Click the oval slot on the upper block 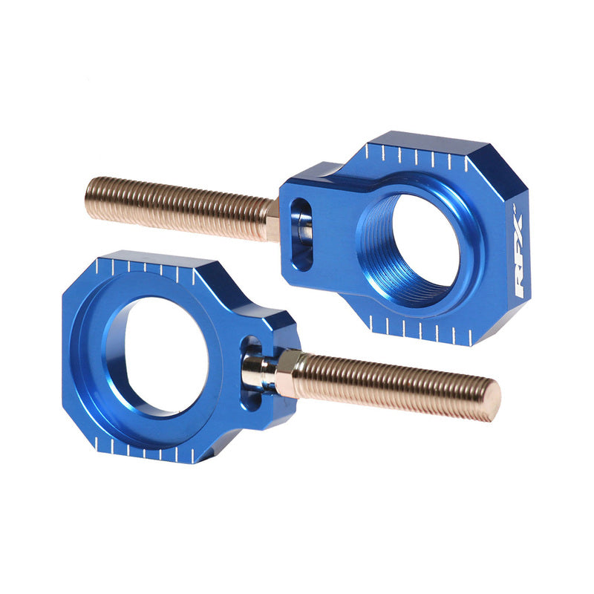coord(301,234)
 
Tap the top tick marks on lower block coord(148,267)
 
